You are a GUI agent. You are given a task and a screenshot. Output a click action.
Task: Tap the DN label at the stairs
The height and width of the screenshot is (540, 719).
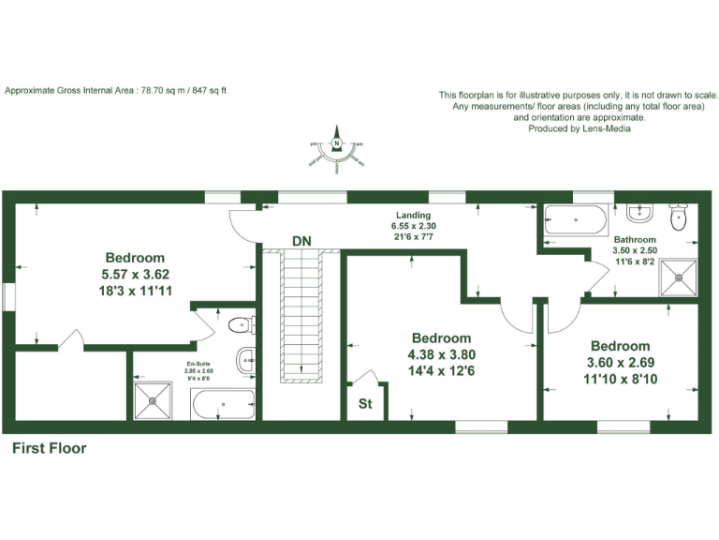301,241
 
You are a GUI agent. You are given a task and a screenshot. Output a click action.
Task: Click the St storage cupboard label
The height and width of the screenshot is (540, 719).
366,406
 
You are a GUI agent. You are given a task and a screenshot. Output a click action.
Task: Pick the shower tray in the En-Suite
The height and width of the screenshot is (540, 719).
152,400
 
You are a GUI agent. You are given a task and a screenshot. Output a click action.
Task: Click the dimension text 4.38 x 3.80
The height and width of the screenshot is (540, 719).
441,354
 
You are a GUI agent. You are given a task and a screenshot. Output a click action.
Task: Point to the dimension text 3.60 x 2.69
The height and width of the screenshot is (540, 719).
619,362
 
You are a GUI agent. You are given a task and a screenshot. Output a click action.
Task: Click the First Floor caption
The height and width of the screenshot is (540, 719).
49,448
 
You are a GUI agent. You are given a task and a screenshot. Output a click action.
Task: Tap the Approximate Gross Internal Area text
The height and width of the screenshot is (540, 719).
116,90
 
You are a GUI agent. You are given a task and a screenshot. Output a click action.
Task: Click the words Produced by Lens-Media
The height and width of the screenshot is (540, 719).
580,128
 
